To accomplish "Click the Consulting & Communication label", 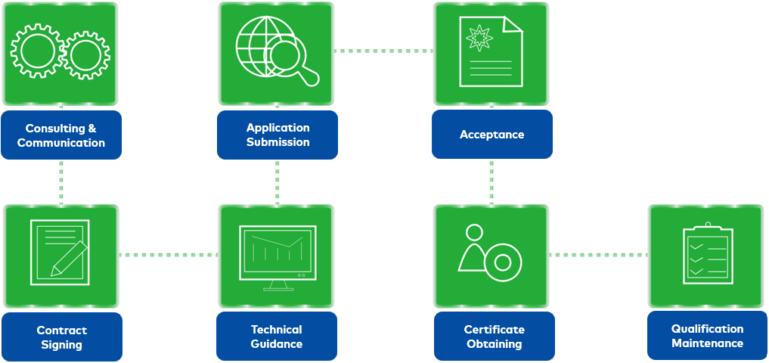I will click(x=61, y=135).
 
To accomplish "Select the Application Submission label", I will click(x=278, y=135).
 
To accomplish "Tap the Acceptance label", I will click(x=491, y=135).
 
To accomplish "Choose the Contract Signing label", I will click(x=61, y=337).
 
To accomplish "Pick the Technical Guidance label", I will click(x=277, y=337).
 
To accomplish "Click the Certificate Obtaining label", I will click(x=494, y=337).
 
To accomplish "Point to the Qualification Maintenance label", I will click(x=707, y=336).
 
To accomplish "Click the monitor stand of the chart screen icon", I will click(x=278, y=286).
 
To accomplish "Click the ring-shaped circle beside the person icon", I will click(x=503, y=262).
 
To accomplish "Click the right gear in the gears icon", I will click(x=85, y=54).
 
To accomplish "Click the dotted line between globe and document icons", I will click(x=383, y=51).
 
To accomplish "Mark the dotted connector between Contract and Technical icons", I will click(x=168, y=255).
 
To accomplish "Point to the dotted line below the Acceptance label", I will click(x=491, y=181).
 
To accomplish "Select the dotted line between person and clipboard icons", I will click(x=598, y=255).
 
